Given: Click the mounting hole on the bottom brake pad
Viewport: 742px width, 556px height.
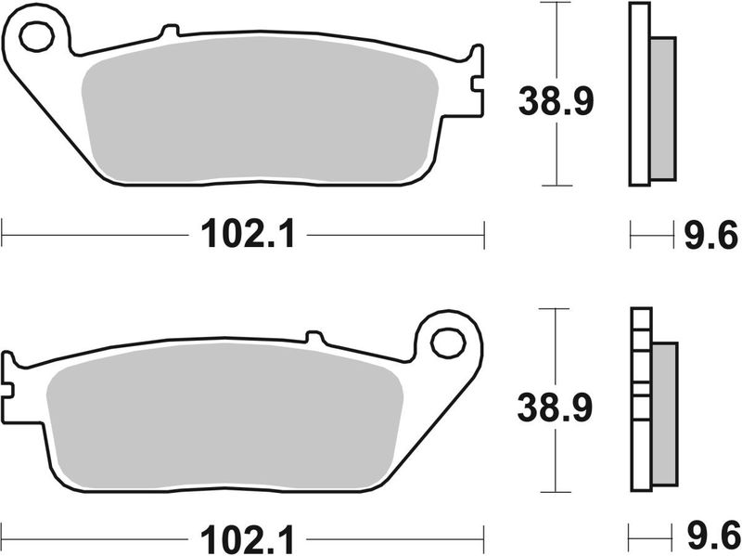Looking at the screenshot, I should [x=449, y=343].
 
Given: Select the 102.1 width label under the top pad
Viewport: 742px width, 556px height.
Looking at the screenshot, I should [x=246, y=236].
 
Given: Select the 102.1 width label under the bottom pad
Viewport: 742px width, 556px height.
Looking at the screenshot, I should [x=246, y=537].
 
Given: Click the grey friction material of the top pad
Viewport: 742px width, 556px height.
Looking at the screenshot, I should [x=260, y=111].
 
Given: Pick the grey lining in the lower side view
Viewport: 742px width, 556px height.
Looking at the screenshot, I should [x=664, y=413].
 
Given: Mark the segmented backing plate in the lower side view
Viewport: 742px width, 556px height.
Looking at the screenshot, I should [x=640, y=399].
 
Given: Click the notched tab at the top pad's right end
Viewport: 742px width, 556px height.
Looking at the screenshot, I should [x=477, y=82].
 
